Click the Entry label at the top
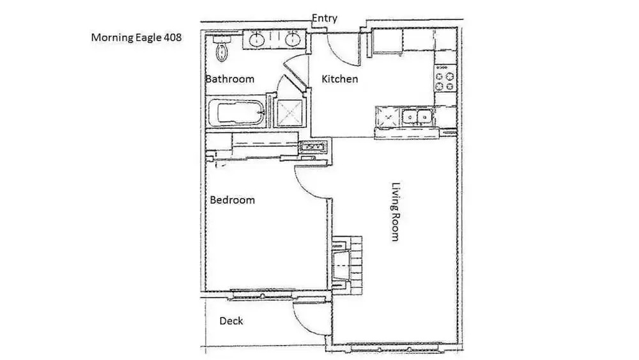point(325,19)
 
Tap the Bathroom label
point(230,79)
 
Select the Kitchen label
point(339,79)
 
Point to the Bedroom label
point(233,200)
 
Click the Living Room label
point(396,212)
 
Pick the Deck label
point(231,321)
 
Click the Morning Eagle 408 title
point(136,38)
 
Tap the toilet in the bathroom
point(222,48)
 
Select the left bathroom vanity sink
point(256,40)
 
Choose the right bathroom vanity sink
point(293,40)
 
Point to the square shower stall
point(291,111)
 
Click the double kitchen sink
point(417,117)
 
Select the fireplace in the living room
point(346,264)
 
